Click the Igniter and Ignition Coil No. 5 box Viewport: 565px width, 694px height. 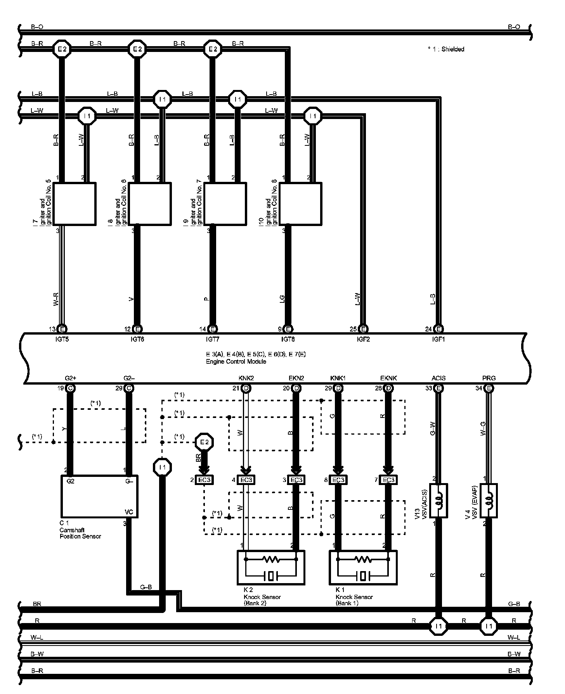coord(74,204)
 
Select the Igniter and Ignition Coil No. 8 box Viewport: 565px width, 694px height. coord(301,204)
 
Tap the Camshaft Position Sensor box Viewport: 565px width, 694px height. coord(99,496)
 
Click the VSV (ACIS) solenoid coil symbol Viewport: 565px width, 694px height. coord(439,500)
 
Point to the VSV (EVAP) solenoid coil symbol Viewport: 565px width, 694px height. coord(489,500)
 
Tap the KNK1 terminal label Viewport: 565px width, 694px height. coord(338,378)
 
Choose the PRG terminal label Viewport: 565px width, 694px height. coord(489,378)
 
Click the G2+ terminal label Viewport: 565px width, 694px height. coord(70,378)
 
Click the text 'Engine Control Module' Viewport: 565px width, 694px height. coord(236,361)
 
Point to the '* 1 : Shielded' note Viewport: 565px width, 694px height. coord(446,49)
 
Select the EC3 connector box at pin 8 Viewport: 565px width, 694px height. coord(338,480)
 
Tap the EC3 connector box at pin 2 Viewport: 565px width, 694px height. coord(204,480)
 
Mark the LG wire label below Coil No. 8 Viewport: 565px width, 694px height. coord(282,299)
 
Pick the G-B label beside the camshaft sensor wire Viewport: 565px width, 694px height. coord(146,587)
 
